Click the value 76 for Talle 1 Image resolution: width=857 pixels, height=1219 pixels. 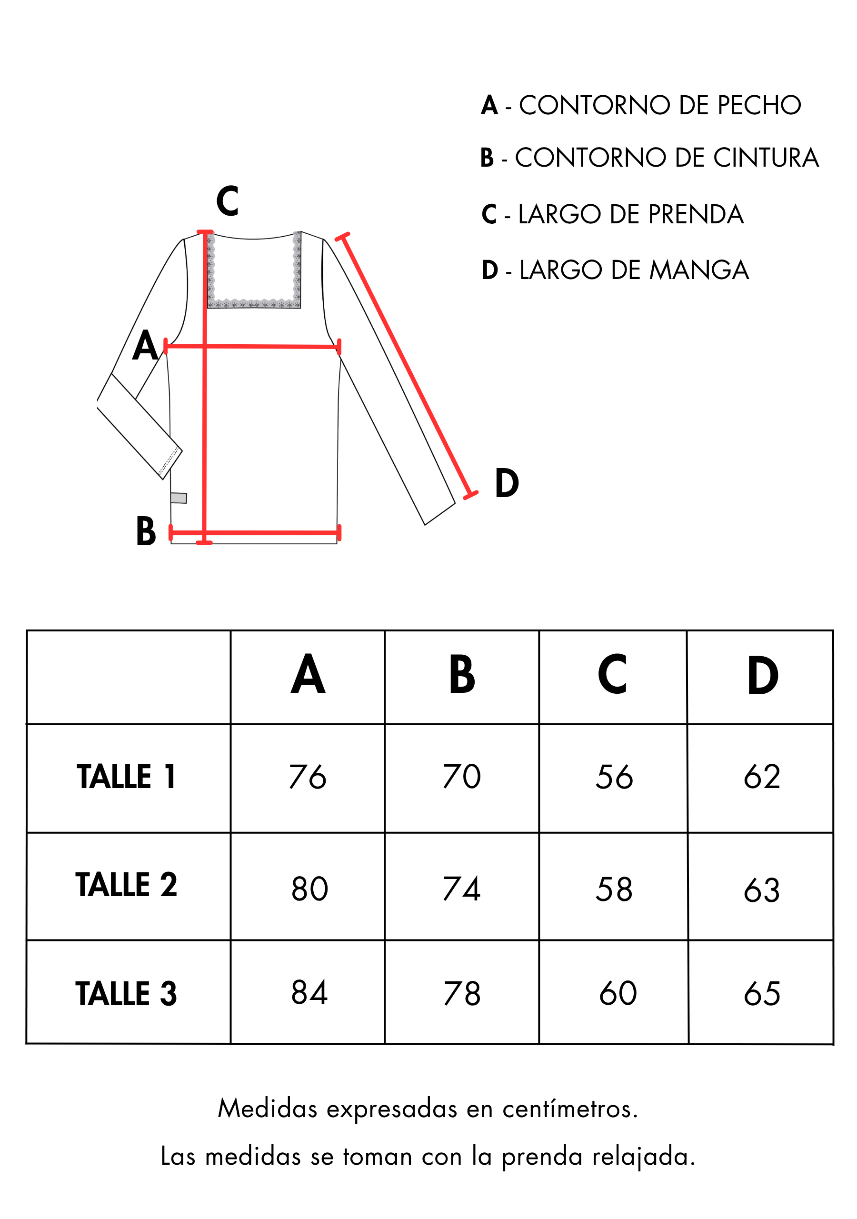point(308,777)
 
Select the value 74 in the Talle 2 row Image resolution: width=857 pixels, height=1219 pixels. point(461,889)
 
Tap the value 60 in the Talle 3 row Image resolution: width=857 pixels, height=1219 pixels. point(618,993)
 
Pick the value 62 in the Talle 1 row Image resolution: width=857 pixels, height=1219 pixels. point(762,777)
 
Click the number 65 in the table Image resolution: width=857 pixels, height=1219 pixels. point(762,993)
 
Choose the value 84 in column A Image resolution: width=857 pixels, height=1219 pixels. point(309,992)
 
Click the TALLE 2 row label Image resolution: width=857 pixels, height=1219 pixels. point(126,885)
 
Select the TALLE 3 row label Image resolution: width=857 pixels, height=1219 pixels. point(126,993)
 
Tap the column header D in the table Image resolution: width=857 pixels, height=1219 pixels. point(763,675)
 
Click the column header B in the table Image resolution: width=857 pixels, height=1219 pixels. point(462,674)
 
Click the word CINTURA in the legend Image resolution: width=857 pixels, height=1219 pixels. point(766,158)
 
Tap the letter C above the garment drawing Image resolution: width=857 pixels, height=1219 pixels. point(227,201)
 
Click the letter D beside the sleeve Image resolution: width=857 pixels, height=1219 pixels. point(507,483)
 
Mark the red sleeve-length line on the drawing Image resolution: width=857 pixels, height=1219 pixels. point(406,366)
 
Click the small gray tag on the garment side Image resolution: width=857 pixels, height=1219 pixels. point(179,498)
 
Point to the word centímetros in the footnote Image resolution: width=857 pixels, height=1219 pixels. point(570,1109)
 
